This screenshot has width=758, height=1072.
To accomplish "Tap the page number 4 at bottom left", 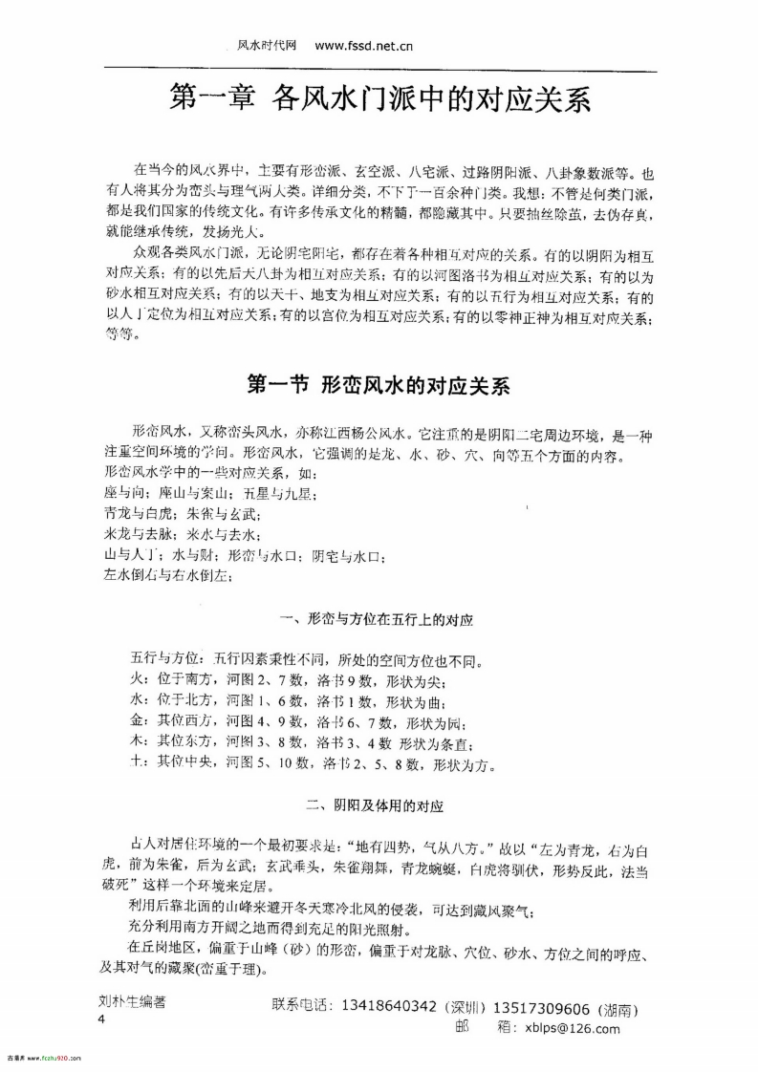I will click(100, 1019).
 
